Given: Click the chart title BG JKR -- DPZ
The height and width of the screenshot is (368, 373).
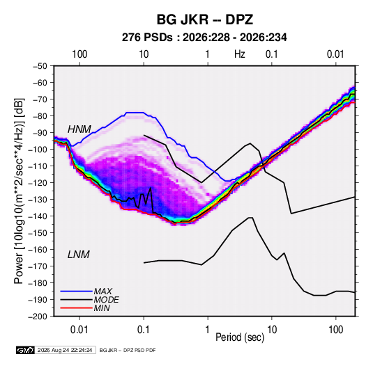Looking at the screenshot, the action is [x=205, y=19].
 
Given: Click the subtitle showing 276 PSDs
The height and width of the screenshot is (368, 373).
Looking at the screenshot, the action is [x=204, y=38].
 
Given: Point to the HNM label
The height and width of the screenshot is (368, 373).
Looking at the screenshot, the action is [x=79, y=129].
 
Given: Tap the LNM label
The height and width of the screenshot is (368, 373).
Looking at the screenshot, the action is [x=79, y=255].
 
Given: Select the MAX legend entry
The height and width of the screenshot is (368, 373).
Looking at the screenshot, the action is [x=103, y=291].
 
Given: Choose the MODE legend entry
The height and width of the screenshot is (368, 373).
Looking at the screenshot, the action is [x=107, y=300].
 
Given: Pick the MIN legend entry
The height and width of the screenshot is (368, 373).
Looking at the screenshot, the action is [x=102, y=308].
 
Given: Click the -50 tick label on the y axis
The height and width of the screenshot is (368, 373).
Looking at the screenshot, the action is [x=40, y=66].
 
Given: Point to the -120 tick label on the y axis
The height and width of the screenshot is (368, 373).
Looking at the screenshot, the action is [x=38, y=183].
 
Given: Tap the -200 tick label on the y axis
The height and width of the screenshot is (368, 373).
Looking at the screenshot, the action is [x=38, y=317].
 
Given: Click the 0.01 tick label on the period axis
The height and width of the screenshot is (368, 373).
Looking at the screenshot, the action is [x=79, y=330].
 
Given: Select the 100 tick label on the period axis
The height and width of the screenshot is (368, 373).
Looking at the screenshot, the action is [x=335, y=330].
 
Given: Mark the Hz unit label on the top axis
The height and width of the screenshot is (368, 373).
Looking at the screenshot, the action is [x=240, y=54].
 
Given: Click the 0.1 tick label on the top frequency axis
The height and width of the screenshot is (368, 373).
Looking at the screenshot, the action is [x=272, y=54].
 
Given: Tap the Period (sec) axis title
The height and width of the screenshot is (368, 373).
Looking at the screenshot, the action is [x=240, y=337].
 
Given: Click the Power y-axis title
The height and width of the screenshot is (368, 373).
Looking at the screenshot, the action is [x=19, y=191].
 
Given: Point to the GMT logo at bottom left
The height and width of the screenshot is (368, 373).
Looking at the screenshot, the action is [x=26, y=350].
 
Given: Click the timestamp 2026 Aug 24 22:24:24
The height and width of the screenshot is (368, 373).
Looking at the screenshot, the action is [x=65, y=350].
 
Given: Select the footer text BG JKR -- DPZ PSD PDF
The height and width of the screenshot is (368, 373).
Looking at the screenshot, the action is [x=128, y=350].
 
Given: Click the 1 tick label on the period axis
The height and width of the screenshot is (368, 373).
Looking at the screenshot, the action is [x=208, y=330].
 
